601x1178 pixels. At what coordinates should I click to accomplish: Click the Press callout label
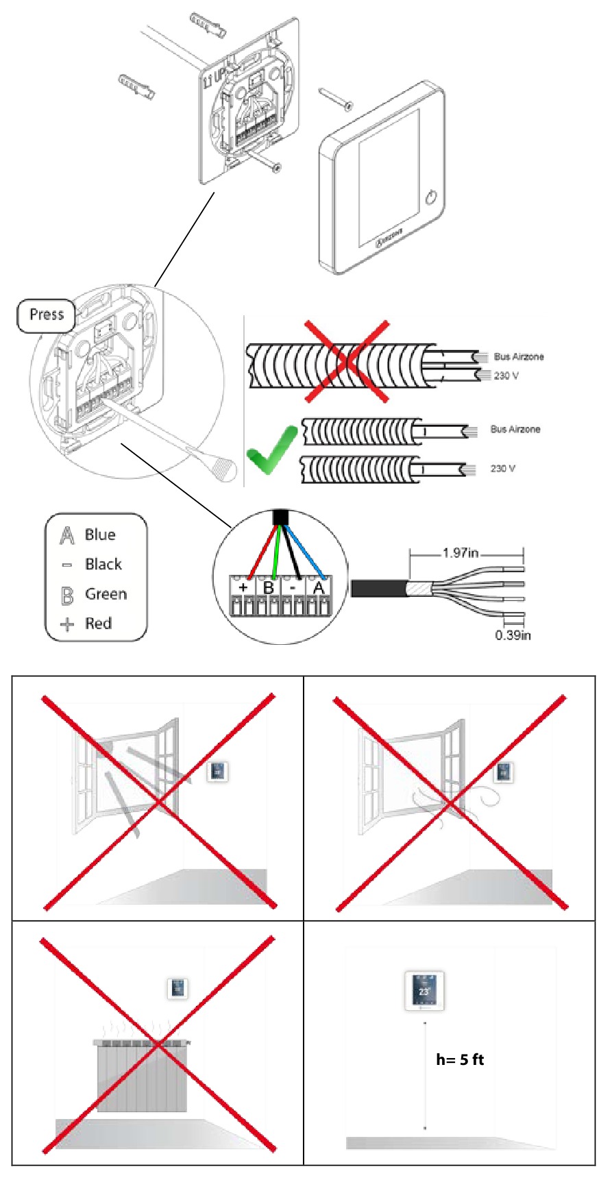[x=46, y=315]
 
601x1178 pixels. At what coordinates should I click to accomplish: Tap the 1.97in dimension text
[x=460, y=553]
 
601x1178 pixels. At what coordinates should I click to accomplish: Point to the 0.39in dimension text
[x=513, y=635]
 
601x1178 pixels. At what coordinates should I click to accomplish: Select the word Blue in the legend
[x=100, y=535]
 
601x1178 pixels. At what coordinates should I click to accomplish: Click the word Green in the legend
[x=106, y=594]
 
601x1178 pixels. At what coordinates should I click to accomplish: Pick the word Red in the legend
[x=98, y=624]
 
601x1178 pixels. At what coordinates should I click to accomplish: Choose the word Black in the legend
[x=103, y=565]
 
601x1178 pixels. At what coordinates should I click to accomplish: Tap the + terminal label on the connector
[x=243, y=587]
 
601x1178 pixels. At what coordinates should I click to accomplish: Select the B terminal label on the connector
[x=269, y=588]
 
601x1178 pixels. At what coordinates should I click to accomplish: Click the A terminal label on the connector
[x=319, y=587]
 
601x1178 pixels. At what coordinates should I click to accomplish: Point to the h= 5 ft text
[x=460, y=1059]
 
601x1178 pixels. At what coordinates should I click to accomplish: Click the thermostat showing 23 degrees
[x=424, y=991]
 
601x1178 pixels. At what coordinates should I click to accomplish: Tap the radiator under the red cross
[x=142, y=1076]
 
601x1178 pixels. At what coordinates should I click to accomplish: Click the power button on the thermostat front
[x=430, y=198]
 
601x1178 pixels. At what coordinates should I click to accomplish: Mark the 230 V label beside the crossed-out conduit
[x=506, y=376]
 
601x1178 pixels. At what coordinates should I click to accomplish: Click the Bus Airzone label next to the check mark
[x=515, y=429]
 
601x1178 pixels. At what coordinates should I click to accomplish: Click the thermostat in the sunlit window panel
[x=218, y=772]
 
